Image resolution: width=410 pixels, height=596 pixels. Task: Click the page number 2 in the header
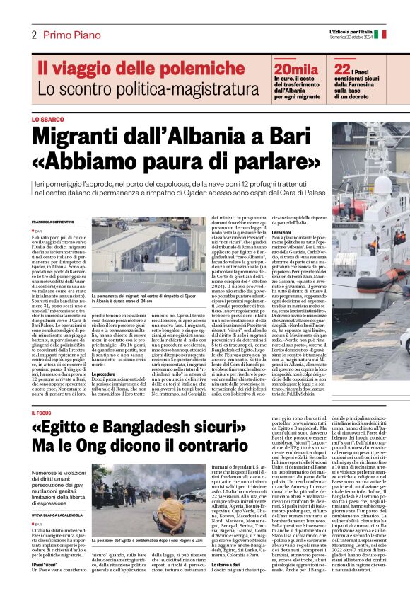coord(33,35)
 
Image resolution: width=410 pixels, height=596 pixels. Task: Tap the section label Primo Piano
coord(66,35)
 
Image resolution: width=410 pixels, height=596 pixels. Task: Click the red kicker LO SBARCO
coord(46,120)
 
